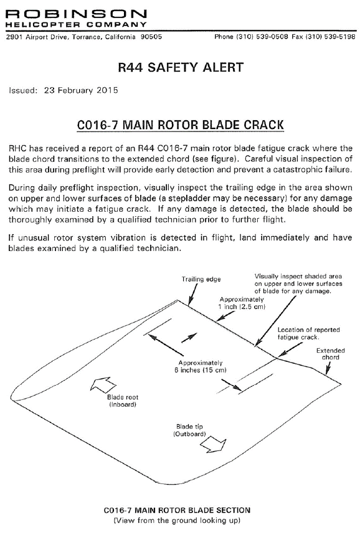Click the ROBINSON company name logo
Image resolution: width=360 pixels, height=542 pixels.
tap(77, 14)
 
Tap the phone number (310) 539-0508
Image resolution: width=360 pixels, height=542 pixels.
tap(262, 37)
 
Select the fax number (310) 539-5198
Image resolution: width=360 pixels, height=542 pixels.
tap(329, 37)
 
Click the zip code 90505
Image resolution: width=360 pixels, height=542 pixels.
tap(151, 37)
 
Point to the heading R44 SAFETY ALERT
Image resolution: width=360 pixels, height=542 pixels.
tap(181, 67)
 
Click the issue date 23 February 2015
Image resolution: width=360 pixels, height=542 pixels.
tap(81, 90)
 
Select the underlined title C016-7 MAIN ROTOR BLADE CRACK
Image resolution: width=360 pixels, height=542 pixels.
tap(180, 125)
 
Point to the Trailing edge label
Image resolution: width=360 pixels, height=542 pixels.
tap(201, 279)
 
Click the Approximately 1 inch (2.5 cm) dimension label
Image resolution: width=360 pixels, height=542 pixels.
tap(242, 303)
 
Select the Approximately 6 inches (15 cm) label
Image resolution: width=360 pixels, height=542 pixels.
tap(201, 366)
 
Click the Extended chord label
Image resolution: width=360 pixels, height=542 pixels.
tap(331, 354)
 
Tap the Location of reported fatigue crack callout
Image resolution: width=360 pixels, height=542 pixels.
tap(308, 333)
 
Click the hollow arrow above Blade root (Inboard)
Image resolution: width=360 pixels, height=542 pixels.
tap(103, 385)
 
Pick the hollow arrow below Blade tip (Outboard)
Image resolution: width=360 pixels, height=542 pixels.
tap(214, 445)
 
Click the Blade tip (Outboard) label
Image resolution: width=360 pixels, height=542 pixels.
tap(189, 430)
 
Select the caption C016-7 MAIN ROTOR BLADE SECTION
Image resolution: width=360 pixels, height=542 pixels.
tap(177, 510)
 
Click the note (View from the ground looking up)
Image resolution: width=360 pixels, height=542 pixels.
tap(177, 520)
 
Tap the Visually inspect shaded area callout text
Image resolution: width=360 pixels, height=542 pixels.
tap(298, 283)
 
